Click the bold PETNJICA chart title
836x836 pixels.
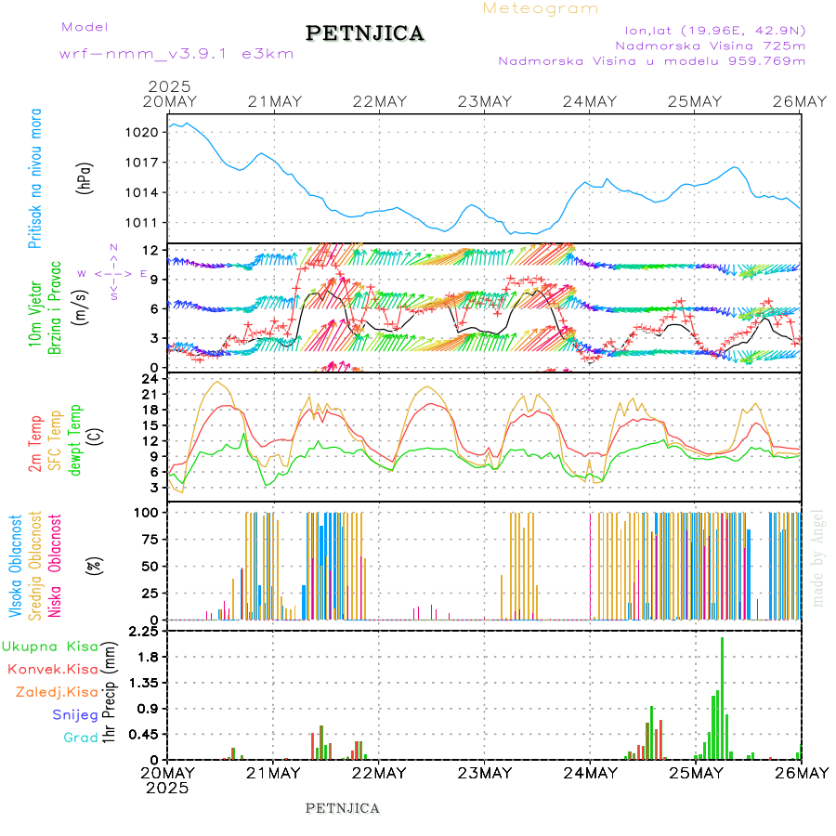[x=365, y=33]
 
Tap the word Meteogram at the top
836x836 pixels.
[x=541, y=8]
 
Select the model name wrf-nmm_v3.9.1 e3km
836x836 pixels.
[x=176, y=54]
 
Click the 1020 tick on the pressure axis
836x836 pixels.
[x=142, y=133]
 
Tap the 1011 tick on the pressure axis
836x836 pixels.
[x=142, y=223]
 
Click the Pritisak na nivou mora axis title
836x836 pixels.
[x=35, y=177]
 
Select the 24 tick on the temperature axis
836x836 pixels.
[x=148, y=379]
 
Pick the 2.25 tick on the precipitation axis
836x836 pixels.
[x=141, y=632]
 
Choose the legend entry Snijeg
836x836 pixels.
[x=75, y=714]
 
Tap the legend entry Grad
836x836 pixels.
[x=81, y=738]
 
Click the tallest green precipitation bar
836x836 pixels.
[x=722, y=698]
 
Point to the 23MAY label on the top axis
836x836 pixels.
[x=485, y=101]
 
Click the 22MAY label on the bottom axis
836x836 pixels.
[x=379, y=773]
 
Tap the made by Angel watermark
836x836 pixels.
[x=818, y=557]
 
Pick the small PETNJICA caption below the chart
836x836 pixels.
[x=343, y=808]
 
